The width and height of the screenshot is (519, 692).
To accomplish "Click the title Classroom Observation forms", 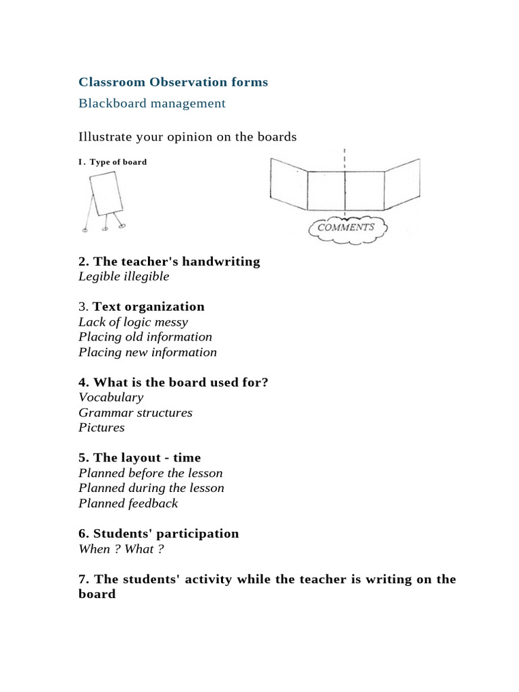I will (x=173, y=82).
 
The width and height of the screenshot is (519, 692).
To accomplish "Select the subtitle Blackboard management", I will (x=151, y=103).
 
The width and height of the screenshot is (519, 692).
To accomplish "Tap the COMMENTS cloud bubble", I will (x=345, y=227).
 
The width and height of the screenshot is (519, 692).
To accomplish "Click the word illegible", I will (x=147, y=276).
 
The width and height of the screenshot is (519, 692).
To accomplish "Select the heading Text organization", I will (x=149, y=307).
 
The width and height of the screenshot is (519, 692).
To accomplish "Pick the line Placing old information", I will (x=145, y=337).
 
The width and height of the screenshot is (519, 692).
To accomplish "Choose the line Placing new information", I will (x=147, y=352).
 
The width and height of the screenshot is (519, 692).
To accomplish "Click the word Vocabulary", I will (x=111, y=397).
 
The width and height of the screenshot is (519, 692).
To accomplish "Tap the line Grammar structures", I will (x=135, y=412).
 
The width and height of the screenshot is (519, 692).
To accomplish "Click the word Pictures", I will (x=101, y=428).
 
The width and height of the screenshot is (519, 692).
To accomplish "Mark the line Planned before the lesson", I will (x=150, y=473).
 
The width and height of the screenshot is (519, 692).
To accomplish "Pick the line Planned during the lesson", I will (x=151, y=488).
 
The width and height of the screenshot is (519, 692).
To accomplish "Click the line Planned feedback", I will (x=128, y=503).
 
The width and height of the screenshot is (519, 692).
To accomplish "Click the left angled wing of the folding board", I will (x=289, y=182).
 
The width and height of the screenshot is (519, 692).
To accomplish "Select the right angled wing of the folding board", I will (x=402, y=182).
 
